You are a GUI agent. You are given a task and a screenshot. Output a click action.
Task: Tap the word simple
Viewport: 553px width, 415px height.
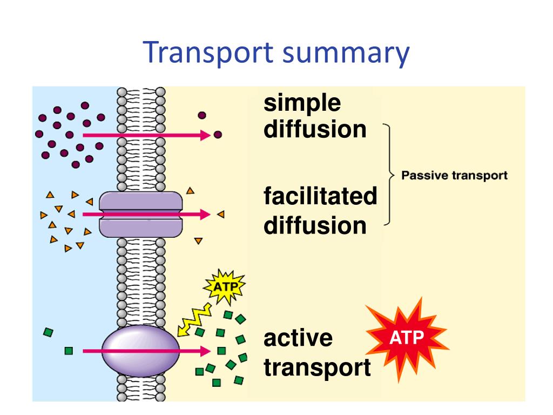point(302,104)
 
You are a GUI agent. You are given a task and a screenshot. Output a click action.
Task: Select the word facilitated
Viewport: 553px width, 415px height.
point(320,196)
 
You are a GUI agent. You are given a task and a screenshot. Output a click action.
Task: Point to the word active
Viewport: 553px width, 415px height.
point(298,339)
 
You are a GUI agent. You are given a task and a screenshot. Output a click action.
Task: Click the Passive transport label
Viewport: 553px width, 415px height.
point(454,176)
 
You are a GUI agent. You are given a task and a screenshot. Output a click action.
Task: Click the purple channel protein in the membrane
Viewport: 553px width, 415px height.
point(140,215)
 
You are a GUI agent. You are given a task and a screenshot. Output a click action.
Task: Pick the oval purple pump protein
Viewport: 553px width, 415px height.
point(140,350)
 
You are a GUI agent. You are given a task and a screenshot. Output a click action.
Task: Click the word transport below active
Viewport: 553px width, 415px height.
point(317,368)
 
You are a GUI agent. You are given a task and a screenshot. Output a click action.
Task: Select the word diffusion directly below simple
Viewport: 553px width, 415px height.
point(315,130)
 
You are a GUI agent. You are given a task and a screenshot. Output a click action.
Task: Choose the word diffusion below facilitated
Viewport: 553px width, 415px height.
point(315,225)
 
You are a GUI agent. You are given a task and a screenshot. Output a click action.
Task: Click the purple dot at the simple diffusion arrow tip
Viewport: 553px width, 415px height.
point(218,135)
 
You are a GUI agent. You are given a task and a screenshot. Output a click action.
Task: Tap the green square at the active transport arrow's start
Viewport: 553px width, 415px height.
point(69,351)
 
